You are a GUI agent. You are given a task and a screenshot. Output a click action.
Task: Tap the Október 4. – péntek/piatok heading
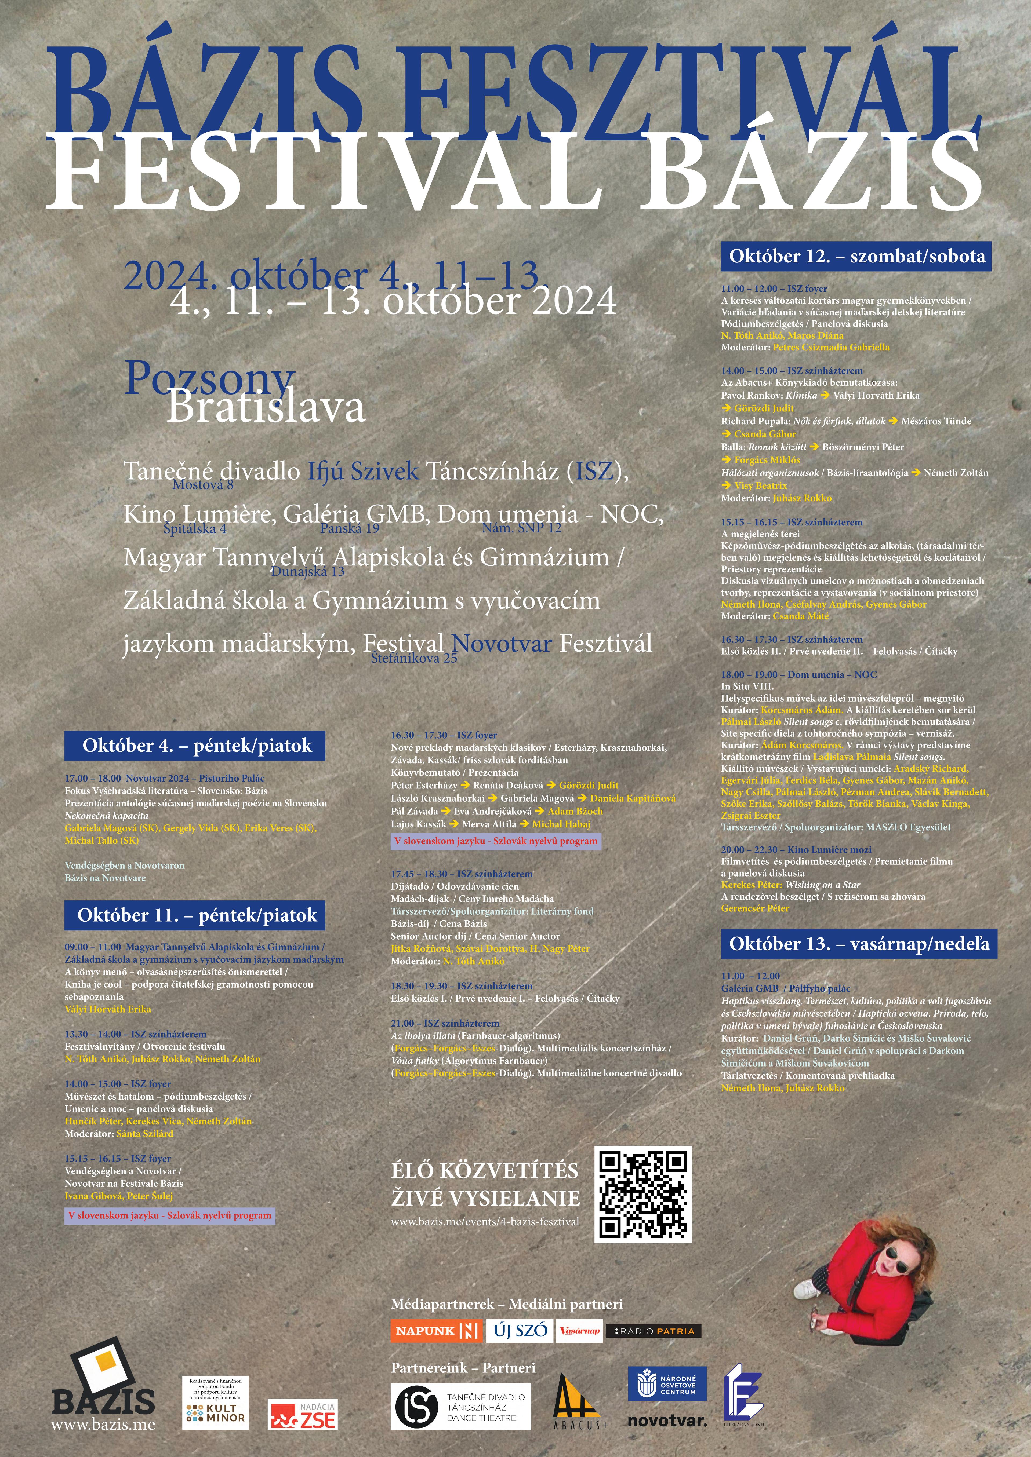[194, 746]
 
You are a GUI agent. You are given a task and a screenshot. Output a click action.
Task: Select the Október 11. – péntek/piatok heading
[194, 915]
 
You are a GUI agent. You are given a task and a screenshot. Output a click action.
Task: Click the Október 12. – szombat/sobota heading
[856, 256]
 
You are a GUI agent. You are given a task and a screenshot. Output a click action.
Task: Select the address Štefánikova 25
[414, 658]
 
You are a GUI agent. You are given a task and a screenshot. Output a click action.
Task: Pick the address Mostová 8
[203, 485]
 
